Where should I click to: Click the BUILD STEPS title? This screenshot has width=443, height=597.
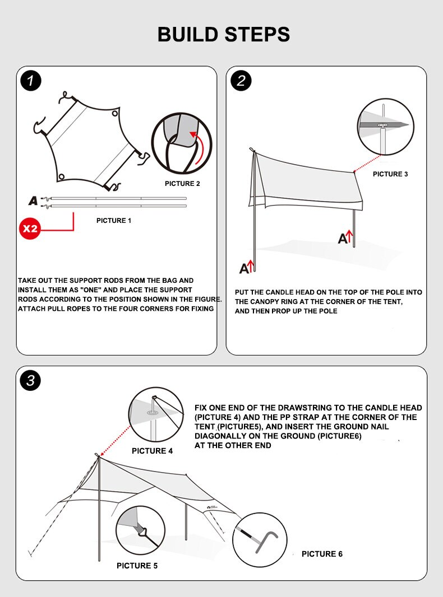coord(224,34)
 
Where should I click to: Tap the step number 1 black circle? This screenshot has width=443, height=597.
coord(31,81)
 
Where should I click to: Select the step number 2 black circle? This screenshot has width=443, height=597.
coord(241,81)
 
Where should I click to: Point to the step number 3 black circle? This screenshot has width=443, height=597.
coord(31,381)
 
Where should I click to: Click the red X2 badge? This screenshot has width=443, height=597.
coord(30,228)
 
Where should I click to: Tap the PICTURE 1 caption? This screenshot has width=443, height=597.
coord(114,221)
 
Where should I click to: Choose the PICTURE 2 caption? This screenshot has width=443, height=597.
coord(182,184)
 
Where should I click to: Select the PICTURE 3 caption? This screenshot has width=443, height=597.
coord(390,174)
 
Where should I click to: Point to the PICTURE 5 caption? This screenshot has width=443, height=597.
coord(137,566)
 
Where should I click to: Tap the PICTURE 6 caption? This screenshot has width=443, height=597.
coord(322,554)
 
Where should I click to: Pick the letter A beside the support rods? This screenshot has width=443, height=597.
coord(33,200)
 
